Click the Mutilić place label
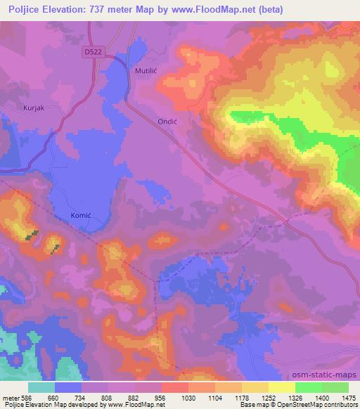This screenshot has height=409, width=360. coord(146,72)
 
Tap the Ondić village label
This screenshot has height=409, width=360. coord(166,121)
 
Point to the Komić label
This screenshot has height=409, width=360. coord(82,215)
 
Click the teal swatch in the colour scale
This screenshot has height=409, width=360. coord(41,387)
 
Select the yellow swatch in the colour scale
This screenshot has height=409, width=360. coord(282,387)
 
